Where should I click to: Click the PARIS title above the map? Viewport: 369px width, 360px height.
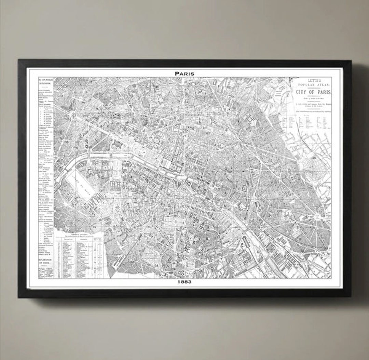point(184,73)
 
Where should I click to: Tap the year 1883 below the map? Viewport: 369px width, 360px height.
point(184,282)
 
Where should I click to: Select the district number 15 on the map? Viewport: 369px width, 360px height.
point(93,226)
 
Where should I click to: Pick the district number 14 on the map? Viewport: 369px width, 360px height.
point(157,265)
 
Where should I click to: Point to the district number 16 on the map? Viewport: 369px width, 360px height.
point(67,142)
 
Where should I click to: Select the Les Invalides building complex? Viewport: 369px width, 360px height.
point(116,185)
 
